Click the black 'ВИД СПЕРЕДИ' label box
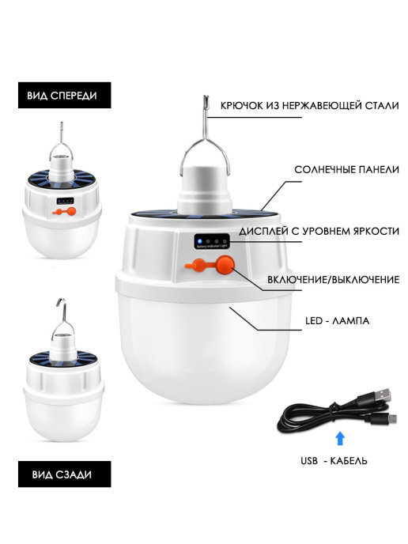pyautogui.click(x=65, y=95)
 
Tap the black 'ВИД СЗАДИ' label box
pyautogui.click(x=65, y=474)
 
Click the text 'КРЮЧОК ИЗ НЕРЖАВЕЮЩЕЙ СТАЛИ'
pyautogui.click(x=309, y=105)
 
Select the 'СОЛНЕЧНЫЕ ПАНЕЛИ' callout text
pyautogui.click(x=346, y=170)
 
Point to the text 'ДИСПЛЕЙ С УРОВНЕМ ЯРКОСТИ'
pyautogui.click(x=319, y=231)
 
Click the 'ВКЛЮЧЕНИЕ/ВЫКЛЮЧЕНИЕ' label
pyautogui.click(x=333, y=280)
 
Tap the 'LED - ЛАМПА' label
pyautogui.click(x=337, y=320)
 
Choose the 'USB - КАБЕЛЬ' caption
pyautogui.click(x=334, y=461)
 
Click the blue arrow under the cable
pyautogui.click(x=340, y=438)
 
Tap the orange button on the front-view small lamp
pyautogui.click(x=71, y=211)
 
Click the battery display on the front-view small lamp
pyautogui.click(x=66, y=201)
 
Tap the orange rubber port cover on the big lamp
pyautogui.click(x=195, y=266)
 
